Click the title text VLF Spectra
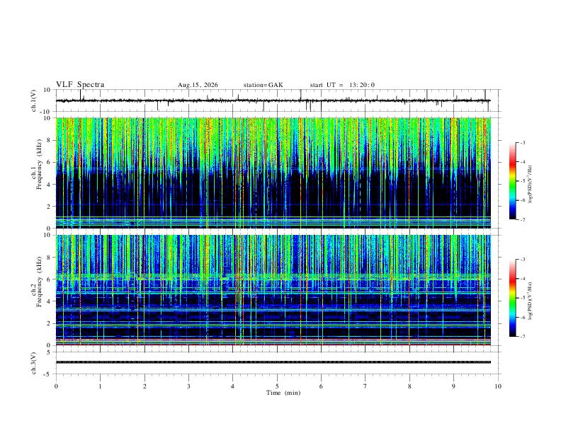click(80, 85)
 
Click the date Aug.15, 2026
click(198, 85)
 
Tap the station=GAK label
click(263, 85)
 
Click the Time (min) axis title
click(283, 393)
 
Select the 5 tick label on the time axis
click(277, 386)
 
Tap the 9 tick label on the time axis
click(453, 386)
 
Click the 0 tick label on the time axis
click(56, 386)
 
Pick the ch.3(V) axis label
click(34, 364)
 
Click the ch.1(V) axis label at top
click(34, 100)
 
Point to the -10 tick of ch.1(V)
click(45, 112)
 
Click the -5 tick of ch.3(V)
click(47, 374)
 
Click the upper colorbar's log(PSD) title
click(530, 184)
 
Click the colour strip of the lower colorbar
click(513, 298)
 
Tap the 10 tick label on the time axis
click(498, 386)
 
